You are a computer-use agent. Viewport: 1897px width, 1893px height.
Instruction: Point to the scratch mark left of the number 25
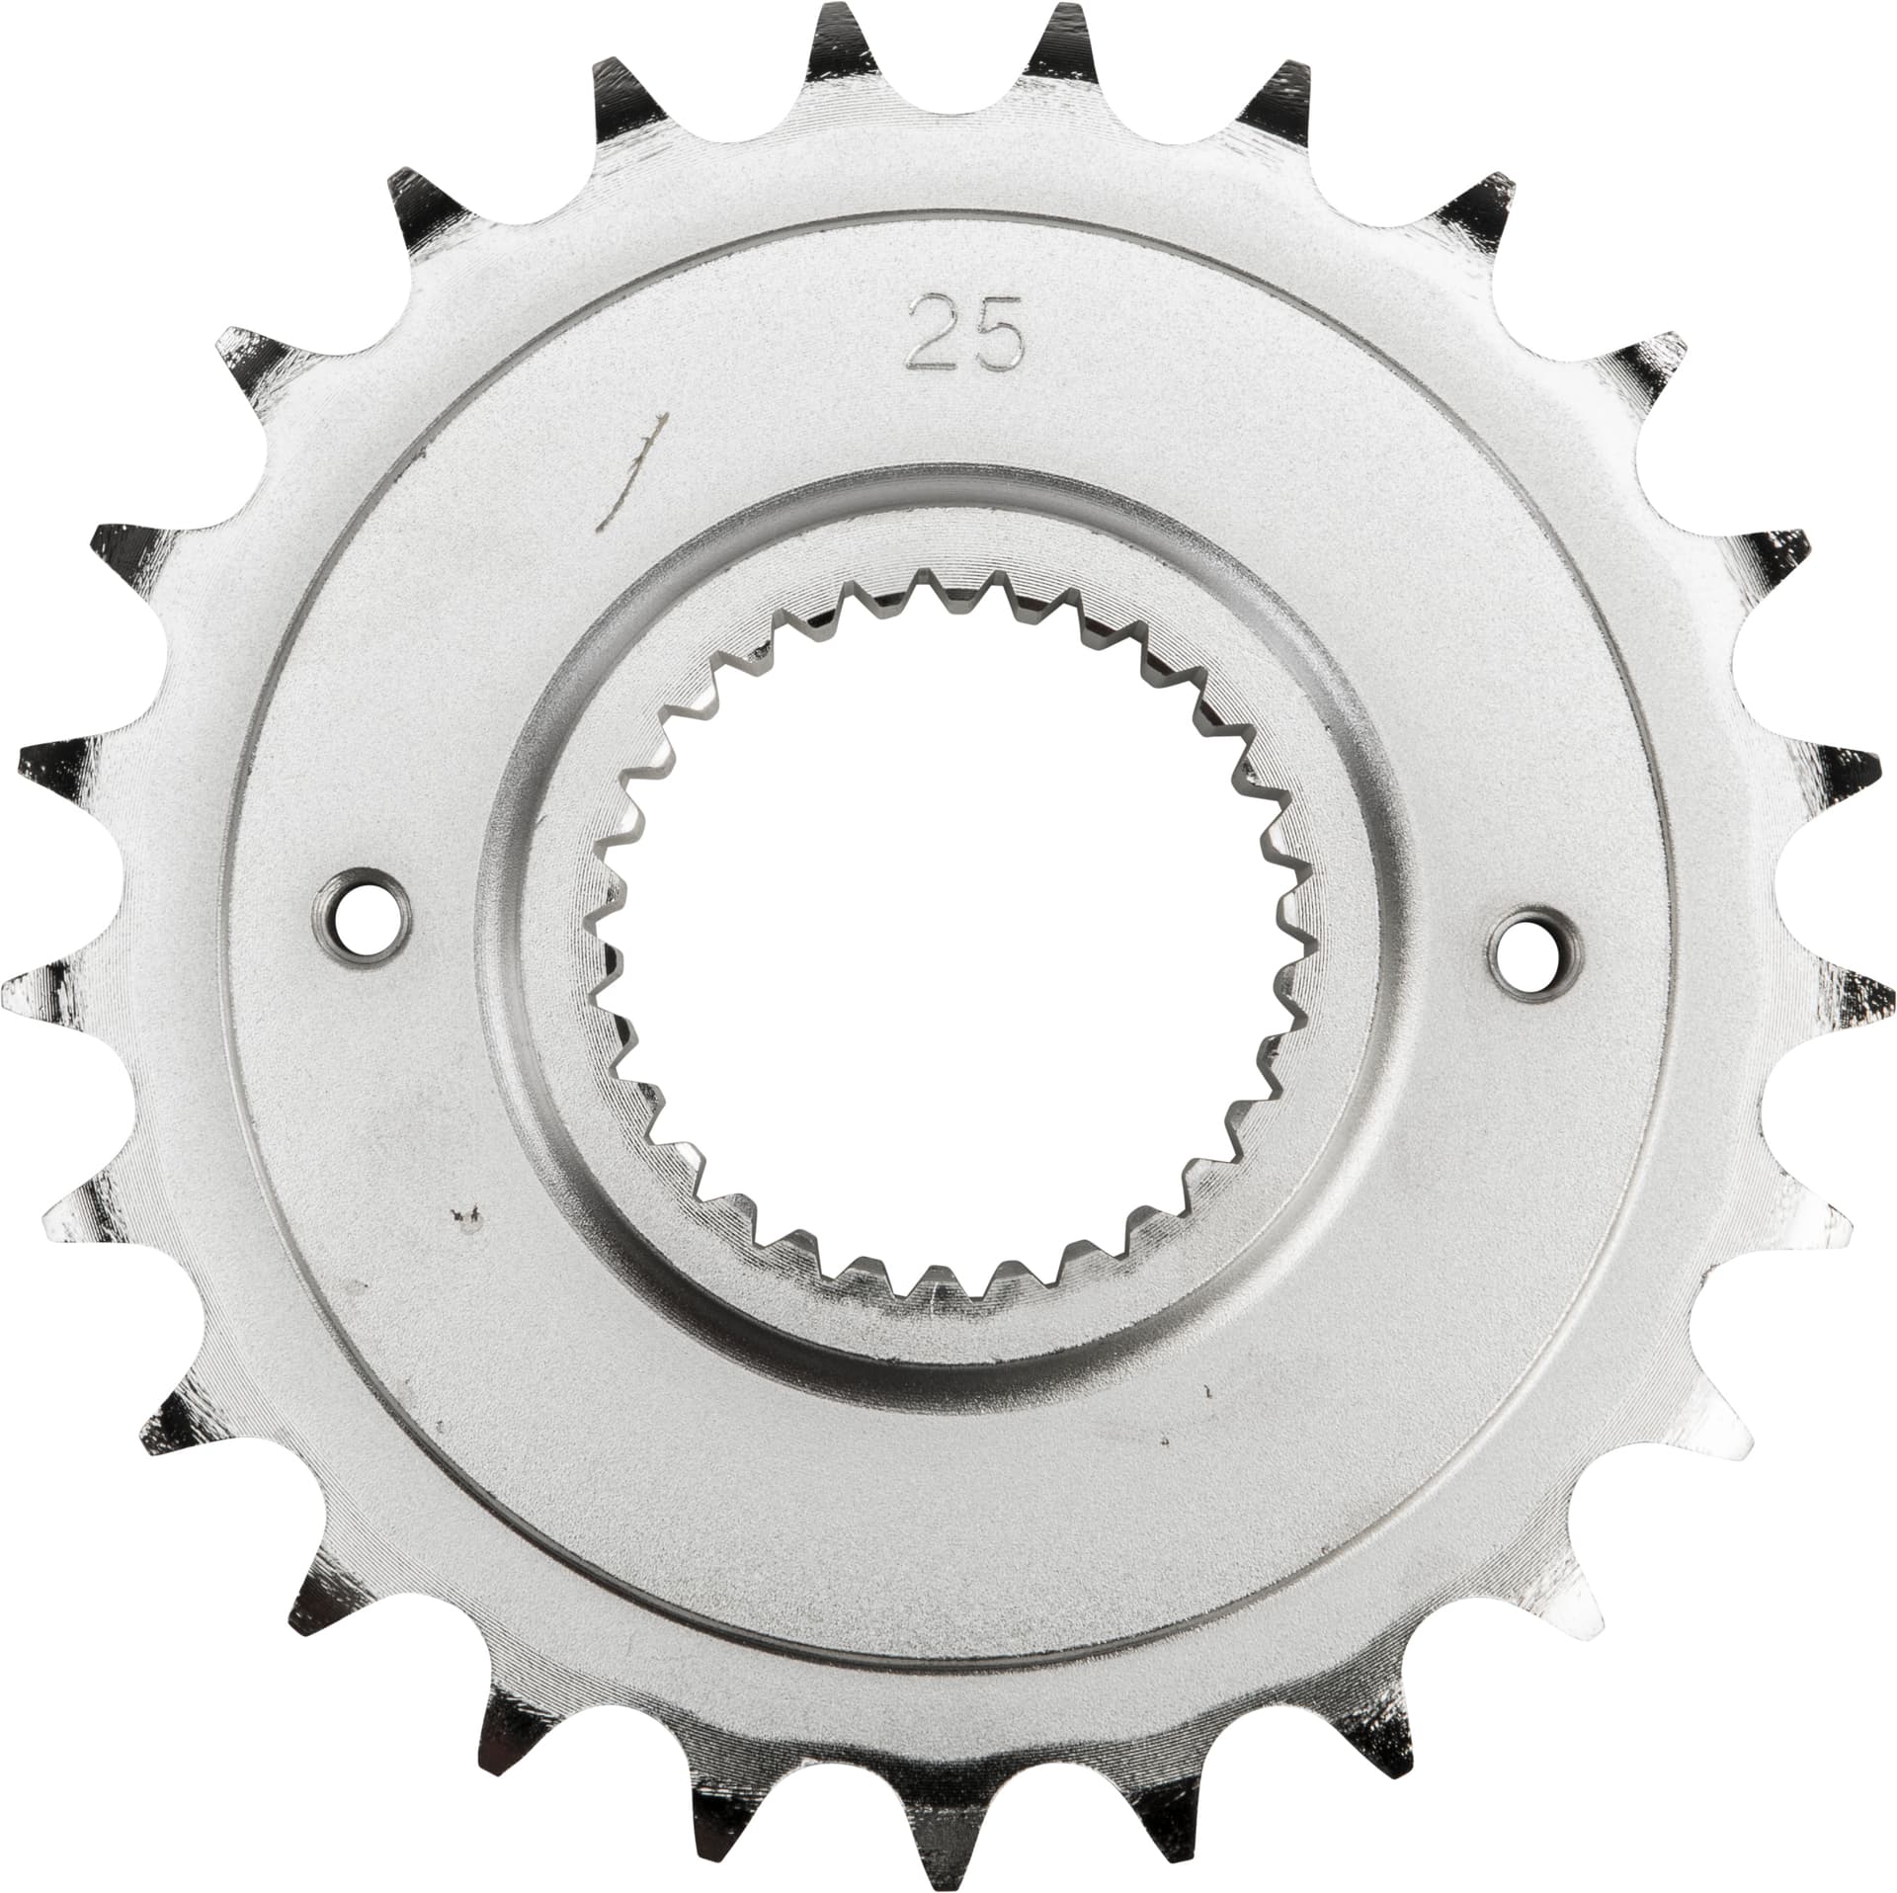coord(632,464)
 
